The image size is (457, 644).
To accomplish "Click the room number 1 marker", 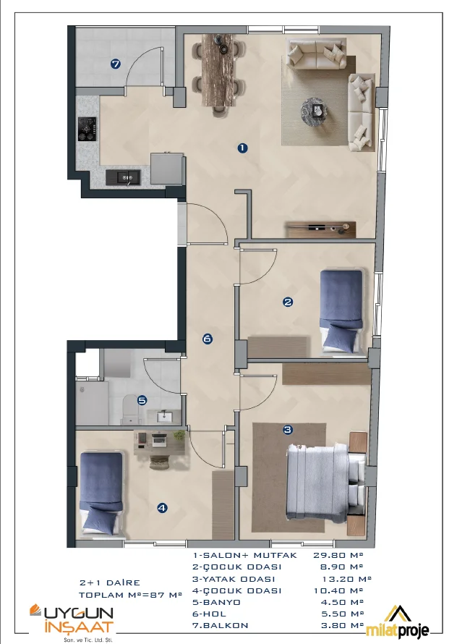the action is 243,148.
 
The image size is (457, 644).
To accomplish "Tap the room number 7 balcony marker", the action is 116,64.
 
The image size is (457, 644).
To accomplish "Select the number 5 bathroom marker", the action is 142,400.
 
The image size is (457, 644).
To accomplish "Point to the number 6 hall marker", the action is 208,339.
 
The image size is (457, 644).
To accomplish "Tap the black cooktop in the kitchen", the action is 87,129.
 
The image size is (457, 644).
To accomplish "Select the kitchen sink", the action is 123,177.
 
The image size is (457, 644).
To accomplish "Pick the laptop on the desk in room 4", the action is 159,440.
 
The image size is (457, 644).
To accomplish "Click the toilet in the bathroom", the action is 132,409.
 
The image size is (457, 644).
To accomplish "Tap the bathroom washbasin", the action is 165,417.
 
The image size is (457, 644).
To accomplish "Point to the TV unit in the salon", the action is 320,229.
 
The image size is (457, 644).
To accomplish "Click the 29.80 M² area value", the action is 338,555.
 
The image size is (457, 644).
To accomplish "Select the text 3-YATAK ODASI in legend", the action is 234,579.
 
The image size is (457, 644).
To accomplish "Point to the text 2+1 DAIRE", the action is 110,582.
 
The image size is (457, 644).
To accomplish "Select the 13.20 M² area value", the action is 346,579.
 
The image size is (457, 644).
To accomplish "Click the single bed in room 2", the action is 341,311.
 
